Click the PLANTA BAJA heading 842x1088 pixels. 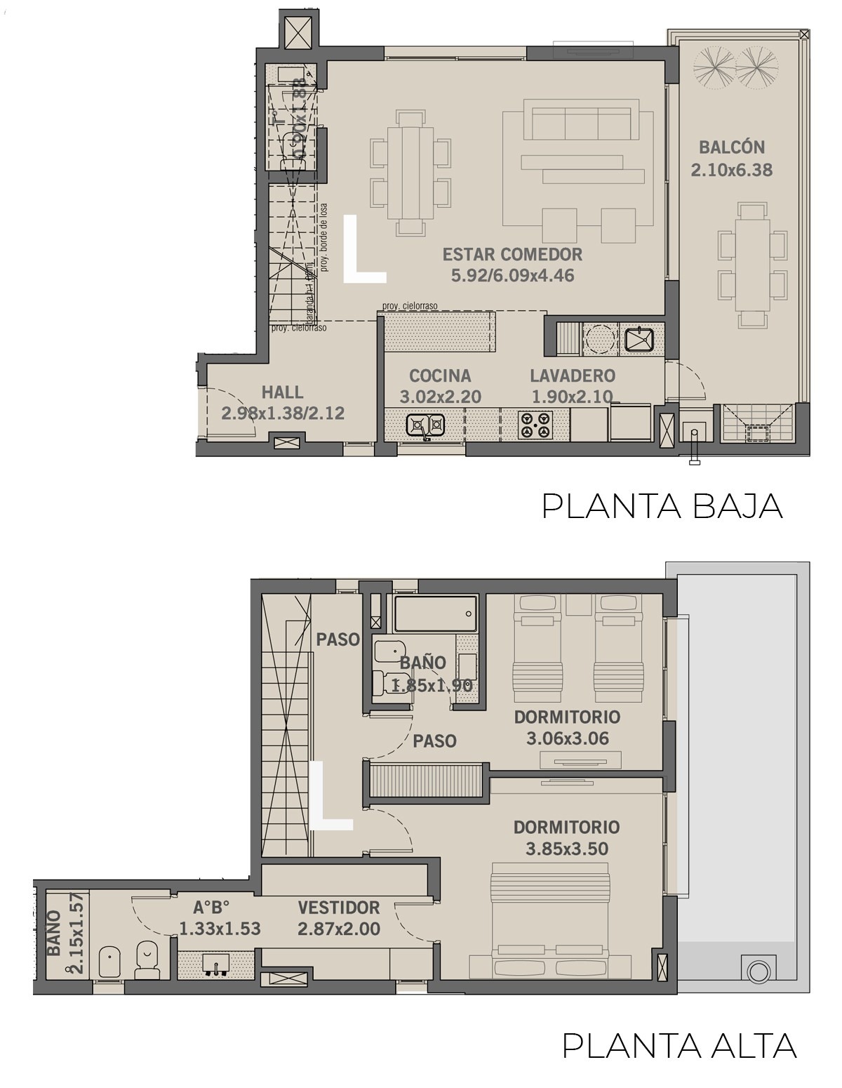click(x=662, y=507)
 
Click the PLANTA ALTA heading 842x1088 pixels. click(x=679, y=1045)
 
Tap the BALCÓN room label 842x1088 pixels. click(x=731, y=147)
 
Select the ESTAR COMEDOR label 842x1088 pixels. click(x=512, y=254)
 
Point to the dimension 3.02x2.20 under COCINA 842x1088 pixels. click(x=441, y=397)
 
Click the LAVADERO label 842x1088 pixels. click(x=573, y=376)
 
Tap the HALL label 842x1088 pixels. click(x=282, y=392)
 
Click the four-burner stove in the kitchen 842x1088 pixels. click(x=535, y=425)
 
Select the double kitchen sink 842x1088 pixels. click(x=426, y=424)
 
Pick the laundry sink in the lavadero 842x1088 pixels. click(x=639, y=340)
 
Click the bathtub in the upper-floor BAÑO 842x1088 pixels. click(x=435, y=614)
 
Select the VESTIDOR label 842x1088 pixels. click(x=338, y=908)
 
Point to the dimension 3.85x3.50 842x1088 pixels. click(x=567, y=849)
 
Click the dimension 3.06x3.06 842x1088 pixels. click(x=567, y=738)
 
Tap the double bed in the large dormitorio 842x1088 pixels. click(x=549, y=920)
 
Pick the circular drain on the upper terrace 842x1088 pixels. click(x=759, y=972)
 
